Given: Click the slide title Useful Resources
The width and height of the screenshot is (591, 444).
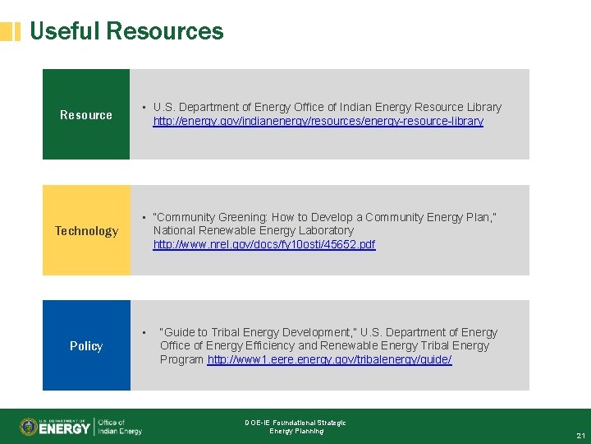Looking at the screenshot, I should (x=126, y=31).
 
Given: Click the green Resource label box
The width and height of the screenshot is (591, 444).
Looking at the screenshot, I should (x=86, y=114).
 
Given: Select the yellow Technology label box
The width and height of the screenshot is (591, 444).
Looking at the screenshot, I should (x=86, y=230).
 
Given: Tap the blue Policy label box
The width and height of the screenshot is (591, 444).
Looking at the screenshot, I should (x=86, y=345).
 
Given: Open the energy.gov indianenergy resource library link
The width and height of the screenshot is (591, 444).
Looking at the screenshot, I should (x=318, y=121).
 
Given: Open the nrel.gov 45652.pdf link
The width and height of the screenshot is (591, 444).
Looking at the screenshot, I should (x=263, y=244).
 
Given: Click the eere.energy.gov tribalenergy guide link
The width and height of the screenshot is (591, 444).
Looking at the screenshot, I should (x=329, y=360).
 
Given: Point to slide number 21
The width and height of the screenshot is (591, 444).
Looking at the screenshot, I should (x=580, y=435).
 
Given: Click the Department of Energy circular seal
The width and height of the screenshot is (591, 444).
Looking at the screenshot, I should (x=30, y=427).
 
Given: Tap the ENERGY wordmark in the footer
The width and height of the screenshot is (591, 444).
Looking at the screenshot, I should (x=66, y=428).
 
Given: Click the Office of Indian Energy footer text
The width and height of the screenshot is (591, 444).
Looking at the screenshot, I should (x=121, y=427).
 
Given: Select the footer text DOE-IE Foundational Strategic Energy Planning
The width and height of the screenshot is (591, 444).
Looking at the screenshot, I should (x=295, y=427).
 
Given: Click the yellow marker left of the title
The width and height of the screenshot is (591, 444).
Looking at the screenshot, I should (x=10, y=32).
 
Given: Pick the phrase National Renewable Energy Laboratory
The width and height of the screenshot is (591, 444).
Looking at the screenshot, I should (x=253, y=230).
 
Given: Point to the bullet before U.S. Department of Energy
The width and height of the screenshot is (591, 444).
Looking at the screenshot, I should (x=143, y=108).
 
